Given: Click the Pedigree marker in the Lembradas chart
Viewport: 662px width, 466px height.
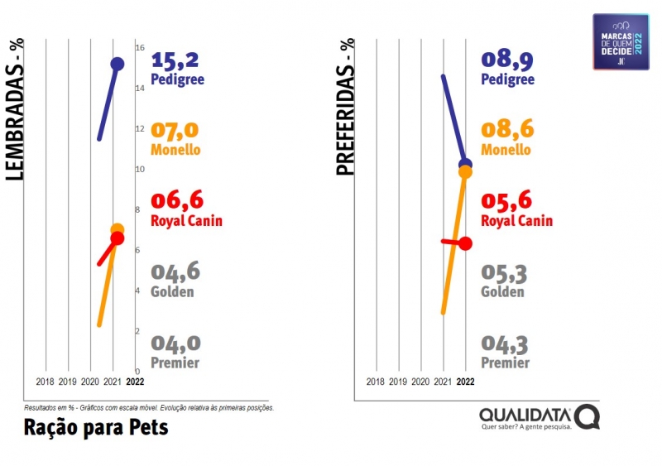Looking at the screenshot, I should pos(118,64).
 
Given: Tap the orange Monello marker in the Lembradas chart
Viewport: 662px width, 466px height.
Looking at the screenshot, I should pos(117,230).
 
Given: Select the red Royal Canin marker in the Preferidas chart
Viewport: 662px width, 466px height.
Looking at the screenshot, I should pos(465,243).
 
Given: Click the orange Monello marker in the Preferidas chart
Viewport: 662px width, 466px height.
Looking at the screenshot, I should pos(465,172).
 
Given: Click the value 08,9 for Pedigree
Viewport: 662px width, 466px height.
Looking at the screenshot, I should pos(507,60).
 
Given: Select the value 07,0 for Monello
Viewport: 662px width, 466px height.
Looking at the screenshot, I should pos(175,132).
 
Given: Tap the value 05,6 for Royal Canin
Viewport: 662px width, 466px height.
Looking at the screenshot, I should pos(507,202).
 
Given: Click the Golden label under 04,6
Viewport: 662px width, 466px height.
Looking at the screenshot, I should pos(172,291).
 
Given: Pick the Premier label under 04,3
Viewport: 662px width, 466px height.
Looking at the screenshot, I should pos(505,363).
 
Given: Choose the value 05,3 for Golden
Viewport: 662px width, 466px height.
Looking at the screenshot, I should pos(504,272).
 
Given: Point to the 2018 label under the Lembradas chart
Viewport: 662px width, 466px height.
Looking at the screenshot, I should pos(46,382).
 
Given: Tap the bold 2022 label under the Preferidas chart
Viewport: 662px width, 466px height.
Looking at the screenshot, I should pos(465,382).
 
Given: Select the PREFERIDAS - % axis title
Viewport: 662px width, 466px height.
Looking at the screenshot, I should pos(345,108).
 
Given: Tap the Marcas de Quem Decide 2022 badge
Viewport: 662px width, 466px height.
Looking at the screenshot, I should pos(621,41).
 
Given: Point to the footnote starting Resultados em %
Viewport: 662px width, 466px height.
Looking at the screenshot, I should pos(149,408).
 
